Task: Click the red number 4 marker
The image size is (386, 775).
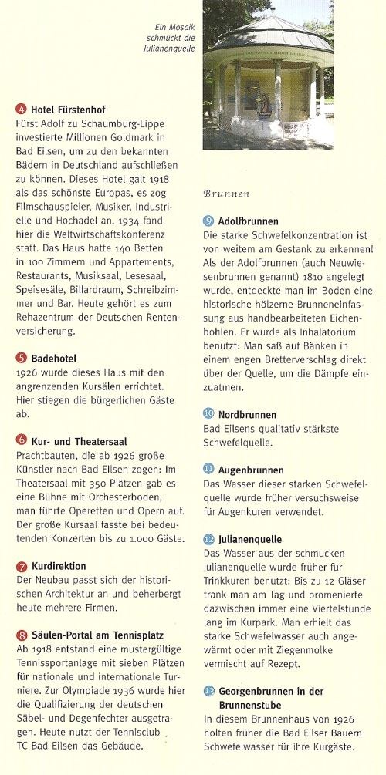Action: point(21,109)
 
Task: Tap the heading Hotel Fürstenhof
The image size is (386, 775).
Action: point(66,109)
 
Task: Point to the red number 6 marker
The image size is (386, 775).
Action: point(21,440)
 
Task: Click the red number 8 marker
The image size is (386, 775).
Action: point(21,635)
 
